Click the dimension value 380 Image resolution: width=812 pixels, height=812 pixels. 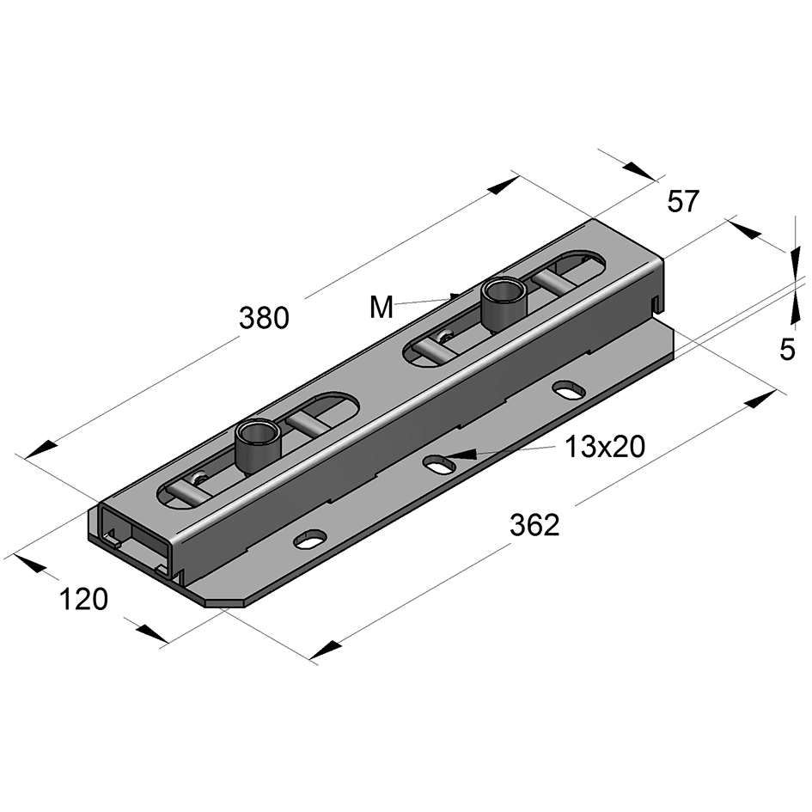(264, 318)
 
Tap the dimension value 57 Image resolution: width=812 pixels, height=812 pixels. (684, 202)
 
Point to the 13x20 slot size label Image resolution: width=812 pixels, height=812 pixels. (605, 446)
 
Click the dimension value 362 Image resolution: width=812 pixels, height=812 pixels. (534, 525)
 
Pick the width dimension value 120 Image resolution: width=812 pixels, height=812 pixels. (83, 599)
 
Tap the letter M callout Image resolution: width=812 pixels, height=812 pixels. (382, 307)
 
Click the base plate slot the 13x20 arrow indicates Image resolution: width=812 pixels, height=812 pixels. (439, 464)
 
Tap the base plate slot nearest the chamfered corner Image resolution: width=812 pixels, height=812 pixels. (310, 539)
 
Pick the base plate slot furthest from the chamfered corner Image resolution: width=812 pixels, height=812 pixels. (568, 389)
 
